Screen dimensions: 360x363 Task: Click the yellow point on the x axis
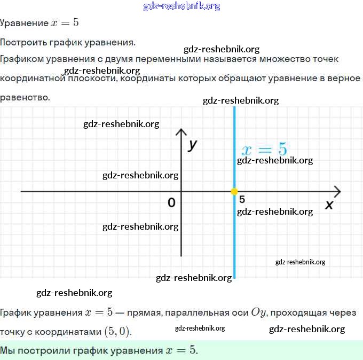pos(234,191)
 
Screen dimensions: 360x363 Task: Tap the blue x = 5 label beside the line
pos(264,149)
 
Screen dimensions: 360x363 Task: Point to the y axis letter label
pos(193,144)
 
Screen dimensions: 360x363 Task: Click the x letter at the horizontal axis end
pos(329,205)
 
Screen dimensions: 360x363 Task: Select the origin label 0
pos(171,202)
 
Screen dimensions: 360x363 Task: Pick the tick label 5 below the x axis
pos(242,199)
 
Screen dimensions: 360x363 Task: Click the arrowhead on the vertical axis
pos(181,132)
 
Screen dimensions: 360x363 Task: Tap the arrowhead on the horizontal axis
pos(337,191)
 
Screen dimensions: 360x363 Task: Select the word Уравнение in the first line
pos(24,24)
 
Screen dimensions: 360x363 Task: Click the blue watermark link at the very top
pos(181,6)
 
